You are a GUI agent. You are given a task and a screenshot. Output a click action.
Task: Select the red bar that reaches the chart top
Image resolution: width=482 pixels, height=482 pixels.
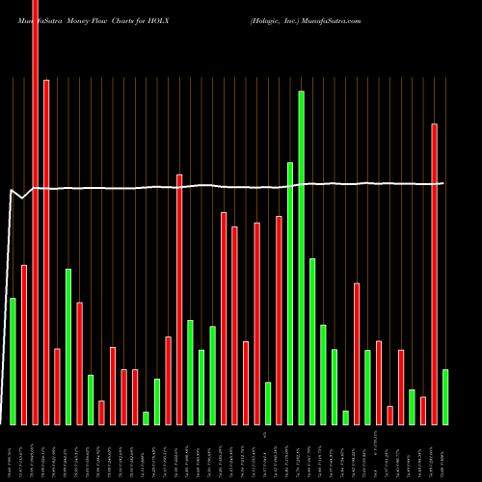point(35,212)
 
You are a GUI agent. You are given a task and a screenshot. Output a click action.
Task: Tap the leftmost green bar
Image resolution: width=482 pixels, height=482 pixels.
point(13,361)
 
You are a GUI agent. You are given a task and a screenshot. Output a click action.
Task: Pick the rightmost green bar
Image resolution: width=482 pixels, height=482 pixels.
point(445,396)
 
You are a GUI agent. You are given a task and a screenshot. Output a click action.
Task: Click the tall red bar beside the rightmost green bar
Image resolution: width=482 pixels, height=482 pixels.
point(434,274)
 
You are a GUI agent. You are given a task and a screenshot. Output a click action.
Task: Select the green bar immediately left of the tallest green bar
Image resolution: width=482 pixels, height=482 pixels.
point(290,293)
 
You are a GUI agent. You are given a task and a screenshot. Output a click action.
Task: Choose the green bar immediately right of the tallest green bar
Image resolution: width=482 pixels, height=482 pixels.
point(312,341)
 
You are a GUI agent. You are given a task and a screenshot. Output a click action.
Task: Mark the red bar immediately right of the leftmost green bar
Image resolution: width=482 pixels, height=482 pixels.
point(24,344)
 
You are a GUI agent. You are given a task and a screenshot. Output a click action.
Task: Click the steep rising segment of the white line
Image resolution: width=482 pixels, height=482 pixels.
point(9,308)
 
